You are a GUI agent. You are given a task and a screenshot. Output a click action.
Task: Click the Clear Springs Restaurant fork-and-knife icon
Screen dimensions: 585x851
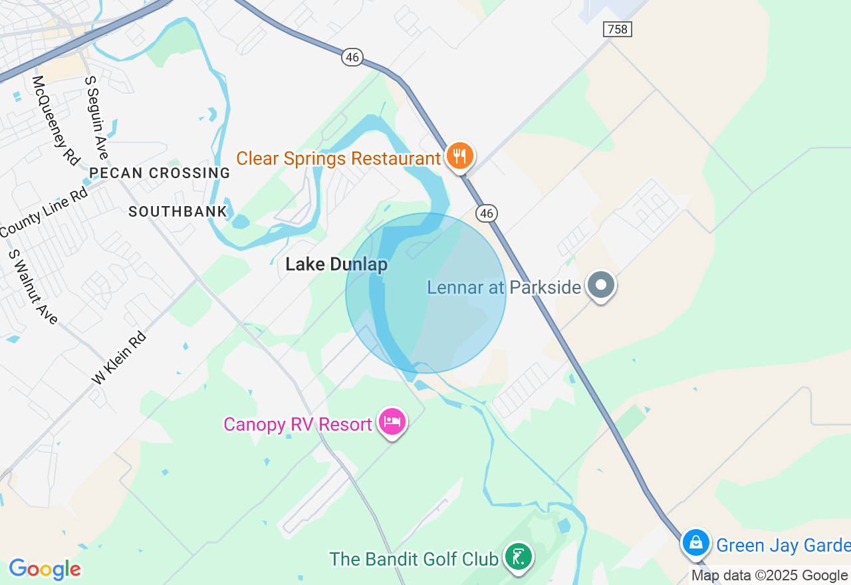pos(459,156)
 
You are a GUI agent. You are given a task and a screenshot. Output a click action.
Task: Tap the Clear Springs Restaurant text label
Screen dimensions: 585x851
pos(338,159)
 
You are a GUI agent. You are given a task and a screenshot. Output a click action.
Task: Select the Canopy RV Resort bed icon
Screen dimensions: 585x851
pos(392,421)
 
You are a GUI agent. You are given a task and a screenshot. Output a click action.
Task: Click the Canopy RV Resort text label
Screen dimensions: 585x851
pos(297,424)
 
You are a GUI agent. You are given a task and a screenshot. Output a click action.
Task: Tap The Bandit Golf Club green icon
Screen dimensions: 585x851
pos(518,556)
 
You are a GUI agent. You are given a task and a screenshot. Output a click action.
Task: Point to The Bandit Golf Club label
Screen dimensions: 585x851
pos(414,559)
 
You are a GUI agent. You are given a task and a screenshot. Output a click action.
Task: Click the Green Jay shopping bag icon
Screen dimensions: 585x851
pos(696,543)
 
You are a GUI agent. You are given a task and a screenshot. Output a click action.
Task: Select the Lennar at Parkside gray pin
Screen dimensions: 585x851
pos(602,285)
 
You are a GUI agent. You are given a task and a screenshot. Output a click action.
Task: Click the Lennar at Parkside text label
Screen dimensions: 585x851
pos(504,287)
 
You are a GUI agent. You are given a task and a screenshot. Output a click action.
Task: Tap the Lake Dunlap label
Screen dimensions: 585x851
pos(336,265)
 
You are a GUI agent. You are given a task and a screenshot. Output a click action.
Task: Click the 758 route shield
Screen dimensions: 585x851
pos(618,29)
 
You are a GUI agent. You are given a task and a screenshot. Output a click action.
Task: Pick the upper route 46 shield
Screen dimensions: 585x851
pos(352,57)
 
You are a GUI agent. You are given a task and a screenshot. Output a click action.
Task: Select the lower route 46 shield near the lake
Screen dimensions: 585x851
pos(487,213)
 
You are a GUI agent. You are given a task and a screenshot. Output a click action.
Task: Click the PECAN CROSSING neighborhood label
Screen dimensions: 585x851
pos(160,173)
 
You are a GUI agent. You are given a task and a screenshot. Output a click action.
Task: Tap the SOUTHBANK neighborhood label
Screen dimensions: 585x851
pos(178,211)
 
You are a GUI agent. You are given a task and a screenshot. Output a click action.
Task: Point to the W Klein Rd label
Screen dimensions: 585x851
pos(119,358)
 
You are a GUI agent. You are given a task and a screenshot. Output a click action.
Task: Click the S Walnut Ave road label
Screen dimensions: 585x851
pos(33,287)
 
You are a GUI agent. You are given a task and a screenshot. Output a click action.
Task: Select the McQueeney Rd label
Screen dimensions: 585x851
pos(56,120)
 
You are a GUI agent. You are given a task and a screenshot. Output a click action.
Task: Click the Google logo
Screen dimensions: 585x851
pos(45,569)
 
